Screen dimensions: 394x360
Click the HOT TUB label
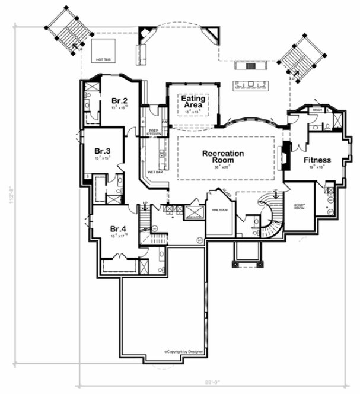(x=103, y=60)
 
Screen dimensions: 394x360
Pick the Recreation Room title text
(x=222, y=157)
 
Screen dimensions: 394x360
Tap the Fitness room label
(x=317, y=160)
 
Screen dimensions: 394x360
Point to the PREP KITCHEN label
(x=154, y=132)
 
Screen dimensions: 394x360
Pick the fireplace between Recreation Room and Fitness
(x=286, y=155)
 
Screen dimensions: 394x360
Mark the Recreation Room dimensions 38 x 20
(x=222, y=168)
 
